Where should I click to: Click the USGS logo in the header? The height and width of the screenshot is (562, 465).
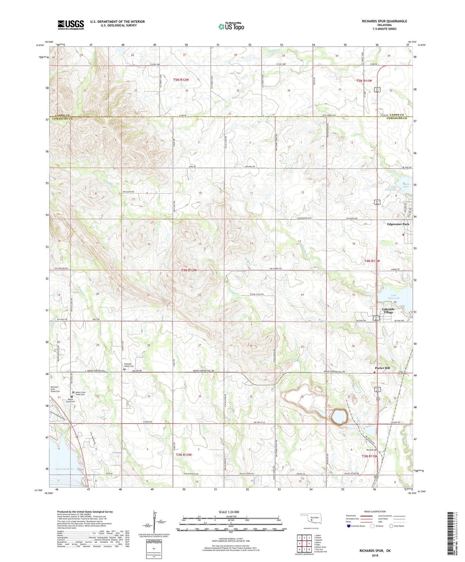click(71, 25)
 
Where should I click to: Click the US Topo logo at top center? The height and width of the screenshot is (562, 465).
click(231, 26)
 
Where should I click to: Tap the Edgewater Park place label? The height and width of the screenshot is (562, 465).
click(398, 224)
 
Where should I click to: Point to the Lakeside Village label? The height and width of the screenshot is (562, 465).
click(388, 311)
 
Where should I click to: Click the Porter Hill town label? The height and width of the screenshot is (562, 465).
click(382, 368)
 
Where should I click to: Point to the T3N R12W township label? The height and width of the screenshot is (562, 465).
click(184, 454)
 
